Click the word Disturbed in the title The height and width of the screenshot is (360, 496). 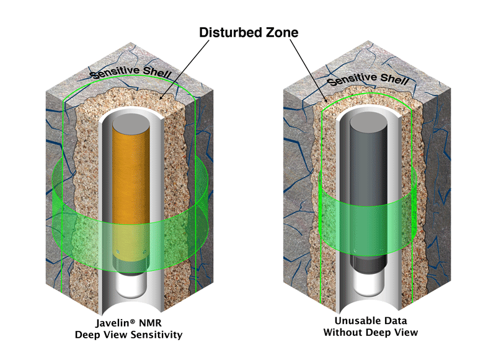(230, 32)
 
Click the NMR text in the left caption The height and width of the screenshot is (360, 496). (148, 323)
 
